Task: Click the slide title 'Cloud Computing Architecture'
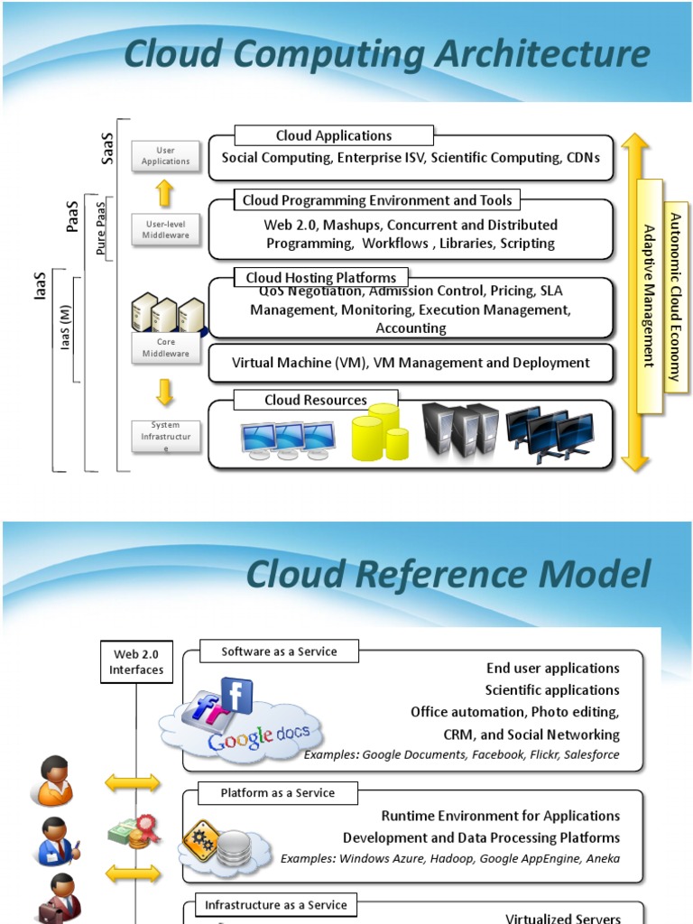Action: tap(386, 54)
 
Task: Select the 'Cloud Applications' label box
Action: tap(334, 136)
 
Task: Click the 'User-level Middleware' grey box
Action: tap(165, 230)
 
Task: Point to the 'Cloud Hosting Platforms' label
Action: tap(320, 278)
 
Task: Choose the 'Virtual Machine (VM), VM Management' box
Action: tap(411, 363)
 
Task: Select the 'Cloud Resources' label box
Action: tap(316, 400)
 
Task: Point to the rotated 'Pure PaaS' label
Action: tap(101, 227)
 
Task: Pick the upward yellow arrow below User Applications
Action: tap(164, 192)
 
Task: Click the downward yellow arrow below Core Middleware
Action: tap(164, 392)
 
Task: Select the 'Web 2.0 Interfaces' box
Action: tap(137, 662)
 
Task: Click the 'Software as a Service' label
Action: tap(279, 651)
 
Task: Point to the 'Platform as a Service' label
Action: tap(277, 793)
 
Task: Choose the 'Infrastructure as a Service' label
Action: tap(275, 905)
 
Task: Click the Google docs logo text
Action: tap(259, 735)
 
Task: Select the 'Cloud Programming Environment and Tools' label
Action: tap(377, 200)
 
